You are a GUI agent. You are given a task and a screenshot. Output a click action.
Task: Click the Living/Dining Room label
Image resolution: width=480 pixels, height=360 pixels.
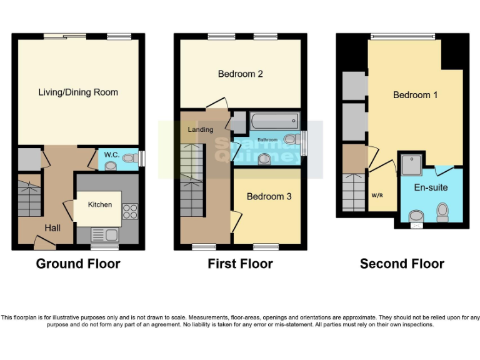coord(78,92)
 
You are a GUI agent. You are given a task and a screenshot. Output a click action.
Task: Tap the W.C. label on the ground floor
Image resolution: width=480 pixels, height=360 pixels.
coord(111,154)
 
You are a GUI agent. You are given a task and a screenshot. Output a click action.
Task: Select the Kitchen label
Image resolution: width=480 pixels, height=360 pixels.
coord(99,204)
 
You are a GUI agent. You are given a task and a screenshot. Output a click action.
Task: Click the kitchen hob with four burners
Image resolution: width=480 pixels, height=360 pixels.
coord(130,211)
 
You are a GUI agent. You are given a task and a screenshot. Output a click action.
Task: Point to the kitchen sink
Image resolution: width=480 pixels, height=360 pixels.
coord(103,235)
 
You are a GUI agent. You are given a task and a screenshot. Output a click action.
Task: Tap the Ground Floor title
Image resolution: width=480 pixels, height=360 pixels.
coord(78,264)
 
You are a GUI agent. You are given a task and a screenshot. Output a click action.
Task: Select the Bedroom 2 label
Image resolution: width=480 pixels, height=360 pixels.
coord(240,74)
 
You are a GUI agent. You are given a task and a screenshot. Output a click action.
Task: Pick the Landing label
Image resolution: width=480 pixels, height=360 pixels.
coord(200,129)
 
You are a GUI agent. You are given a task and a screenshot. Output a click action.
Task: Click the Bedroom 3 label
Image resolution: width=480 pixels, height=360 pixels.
coord(269,196)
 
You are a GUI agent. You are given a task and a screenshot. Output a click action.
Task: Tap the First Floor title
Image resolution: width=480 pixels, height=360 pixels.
coord(240,264)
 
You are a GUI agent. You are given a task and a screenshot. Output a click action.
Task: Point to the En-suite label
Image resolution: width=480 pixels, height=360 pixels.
coord(431,187)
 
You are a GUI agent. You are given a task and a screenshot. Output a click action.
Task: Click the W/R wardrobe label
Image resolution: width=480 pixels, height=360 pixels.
coord(377,195)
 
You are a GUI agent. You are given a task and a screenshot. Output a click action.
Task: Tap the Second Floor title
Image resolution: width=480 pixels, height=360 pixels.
coord(402,264)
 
